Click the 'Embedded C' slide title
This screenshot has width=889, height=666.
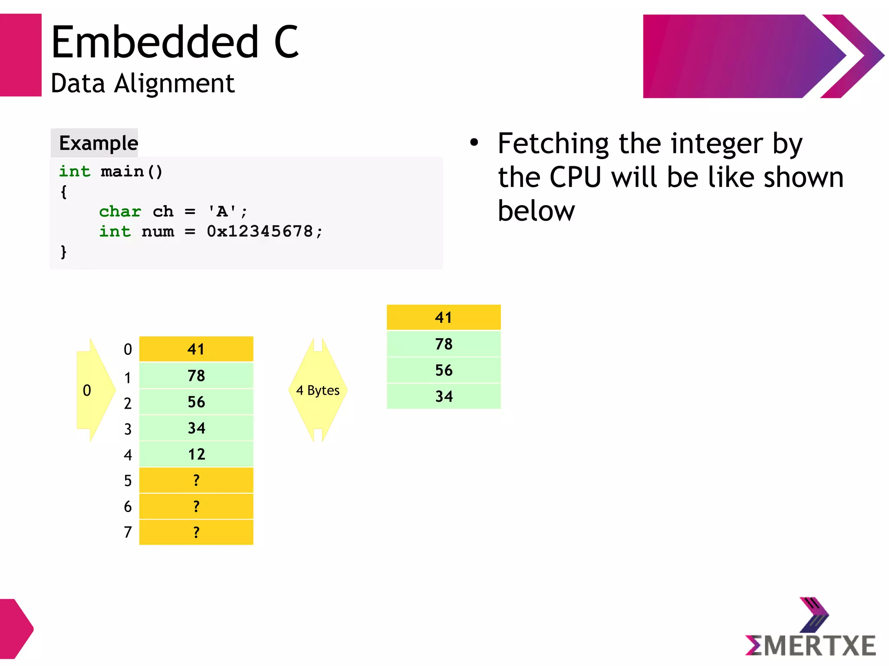point(175,42)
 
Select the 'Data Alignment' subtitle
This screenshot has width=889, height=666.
point(142,83)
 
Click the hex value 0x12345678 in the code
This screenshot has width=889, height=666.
point(260,231)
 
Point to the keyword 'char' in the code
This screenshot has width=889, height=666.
point(120,211)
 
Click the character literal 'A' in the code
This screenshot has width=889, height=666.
point(222,211)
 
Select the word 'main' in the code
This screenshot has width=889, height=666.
point(122,172)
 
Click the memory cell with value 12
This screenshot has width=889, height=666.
point(196,454)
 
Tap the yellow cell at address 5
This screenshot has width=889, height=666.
point(196,480)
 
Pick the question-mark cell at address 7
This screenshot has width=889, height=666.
point(196,532)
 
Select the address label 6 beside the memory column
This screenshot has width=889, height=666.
point(128,507)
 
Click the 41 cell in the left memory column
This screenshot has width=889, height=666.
point(196,349)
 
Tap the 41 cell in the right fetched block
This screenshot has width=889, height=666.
point(444,318)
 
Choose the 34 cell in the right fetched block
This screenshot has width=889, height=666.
point(444,396)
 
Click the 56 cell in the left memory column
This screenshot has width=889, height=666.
point(196,402)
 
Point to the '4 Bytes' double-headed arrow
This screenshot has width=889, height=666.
point(318,390)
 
